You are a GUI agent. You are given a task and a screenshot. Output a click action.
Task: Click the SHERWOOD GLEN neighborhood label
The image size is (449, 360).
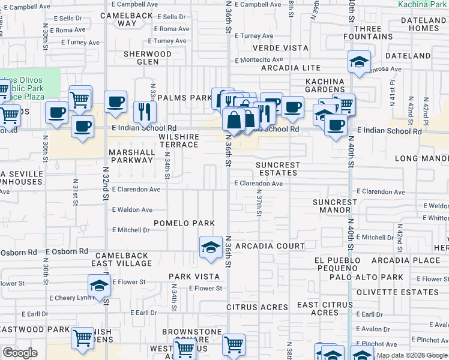(147, 58)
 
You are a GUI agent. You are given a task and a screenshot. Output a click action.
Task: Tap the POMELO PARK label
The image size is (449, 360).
(184, 223)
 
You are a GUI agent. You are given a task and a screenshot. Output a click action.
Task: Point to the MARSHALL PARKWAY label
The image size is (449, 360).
(131, 156)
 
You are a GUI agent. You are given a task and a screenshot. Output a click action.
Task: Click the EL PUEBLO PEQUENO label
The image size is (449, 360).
(337, 265)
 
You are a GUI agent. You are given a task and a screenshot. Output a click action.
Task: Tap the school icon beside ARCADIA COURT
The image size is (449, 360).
(211, 247)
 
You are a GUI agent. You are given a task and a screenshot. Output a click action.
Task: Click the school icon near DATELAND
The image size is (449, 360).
(359, 61)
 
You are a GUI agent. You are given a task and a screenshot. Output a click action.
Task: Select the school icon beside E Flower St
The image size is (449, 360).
(99, 285)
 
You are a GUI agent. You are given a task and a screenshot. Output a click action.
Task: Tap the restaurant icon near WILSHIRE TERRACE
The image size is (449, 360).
(145, 110)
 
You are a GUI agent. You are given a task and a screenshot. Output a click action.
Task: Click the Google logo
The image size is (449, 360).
(20, 353)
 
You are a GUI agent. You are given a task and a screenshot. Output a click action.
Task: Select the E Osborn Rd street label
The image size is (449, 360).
(66, 251)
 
